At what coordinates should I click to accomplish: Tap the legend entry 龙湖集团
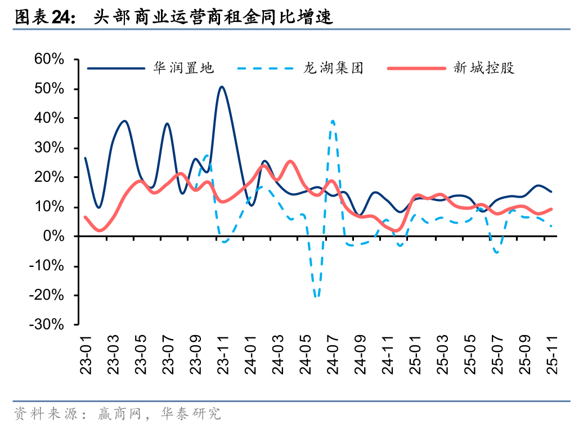[333, 69]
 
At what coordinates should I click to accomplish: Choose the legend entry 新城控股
[484, 69]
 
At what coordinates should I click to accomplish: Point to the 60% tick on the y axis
[49, 60]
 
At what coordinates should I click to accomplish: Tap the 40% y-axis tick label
[49, 118]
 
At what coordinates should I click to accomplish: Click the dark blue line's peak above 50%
[222, 87]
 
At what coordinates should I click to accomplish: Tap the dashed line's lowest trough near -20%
[317, 296]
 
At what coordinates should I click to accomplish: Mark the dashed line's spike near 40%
[333, 121]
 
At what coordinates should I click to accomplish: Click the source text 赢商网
[118, 414]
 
